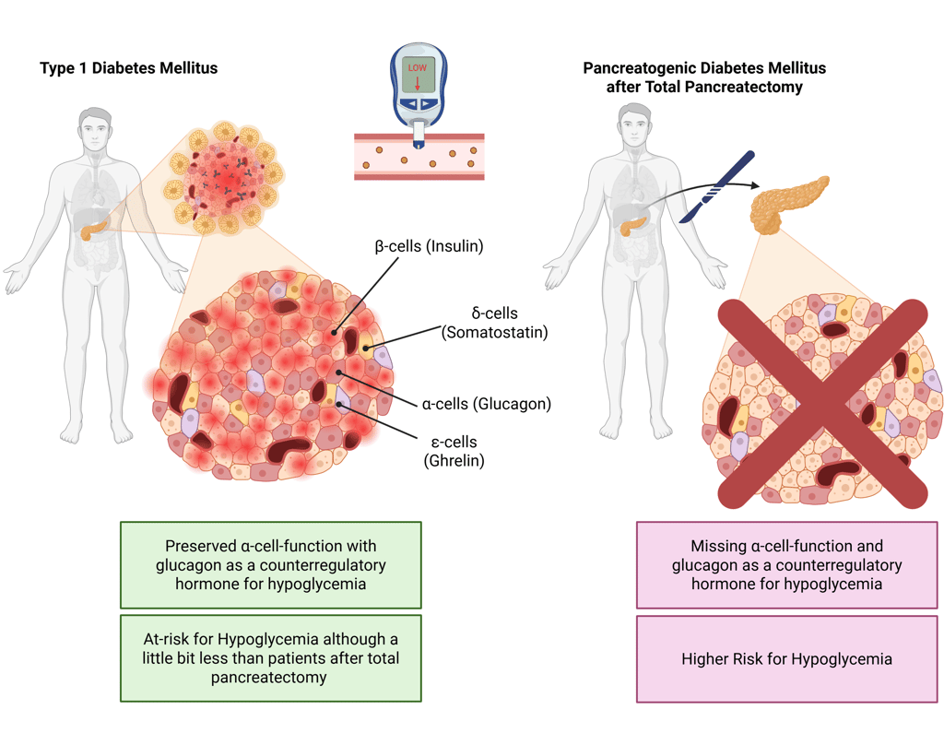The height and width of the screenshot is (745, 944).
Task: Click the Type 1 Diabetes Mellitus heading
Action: (128, 68)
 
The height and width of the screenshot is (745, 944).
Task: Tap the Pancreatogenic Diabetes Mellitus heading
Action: (704, 77)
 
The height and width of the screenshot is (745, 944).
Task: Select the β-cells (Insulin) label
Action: (429, 246)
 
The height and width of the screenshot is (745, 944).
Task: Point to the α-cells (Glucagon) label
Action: (487, 403)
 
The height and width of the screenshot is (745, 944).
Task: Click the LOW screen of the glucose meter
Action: (418, 75)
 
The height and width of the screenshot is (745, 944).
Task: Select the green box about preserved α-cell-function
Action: (270, 564)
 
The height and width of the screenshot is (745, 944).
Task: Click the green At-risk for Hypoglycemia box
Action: (270, 657)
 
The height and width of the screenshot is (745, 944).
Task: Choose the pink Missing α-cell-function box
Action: (786, 564)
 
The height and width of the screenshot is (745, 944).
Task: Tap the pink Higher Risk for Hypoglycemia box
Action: (786, 658)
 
